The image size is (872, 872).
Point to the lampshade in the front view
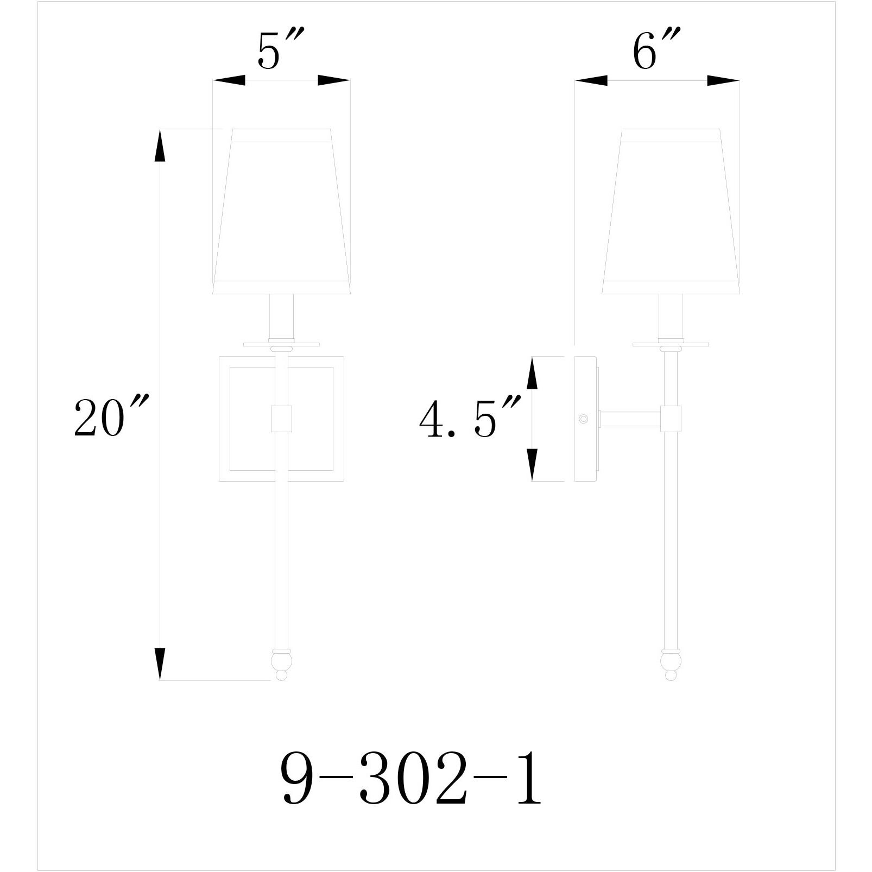pos(281,212)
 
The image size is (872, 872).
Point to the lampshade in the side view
pos(671,212)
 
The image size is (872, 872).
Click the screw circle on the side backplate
pos(584,419)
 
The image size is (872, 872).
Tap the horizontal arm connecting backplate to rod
pos(630,419)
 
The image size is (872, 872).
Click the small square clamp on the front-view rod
pos(281,419)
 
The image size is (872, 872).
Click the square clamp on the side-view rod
pos(671,419)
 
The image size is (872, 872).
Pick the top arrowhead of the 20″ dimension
pos(160,147)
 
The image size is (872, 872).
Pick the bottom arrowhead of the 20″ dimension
pos(160,664)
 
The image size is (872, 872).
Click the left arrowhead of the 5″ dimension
pos(229,81)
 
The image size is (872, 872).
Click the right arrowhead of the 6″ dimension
pos(723,81)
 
